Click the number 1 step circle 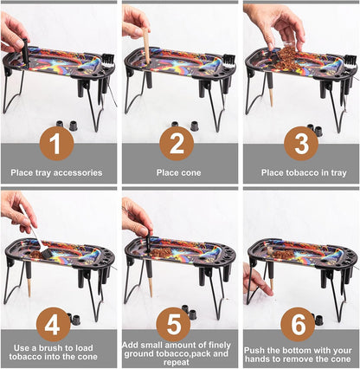click(x=57, y=144)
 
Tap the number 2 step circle click(x=177, y=144)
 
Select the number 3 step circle click(x=301, y=144)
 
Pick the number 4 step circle click(x=54, y=324)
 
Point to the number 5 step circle click(x=173, y=324)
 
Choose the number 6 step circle click(x=298, y=324)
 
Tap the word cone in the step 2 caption click(x=190, y=172)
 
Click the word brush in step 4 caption click(x=53, y=348)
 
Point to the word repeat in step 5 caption click(x=176, y=363)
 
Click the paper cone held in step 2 click(x=146, y=46)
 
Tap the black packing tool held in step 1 click(x=26, y=51)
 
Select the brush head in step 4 click(x=46, y=253)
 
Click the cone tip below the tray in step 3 click(x=272, y=96)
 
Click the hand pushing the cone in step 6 click(x=257, y=280)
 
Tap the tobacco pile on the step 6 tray click(x=283, y=255)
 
